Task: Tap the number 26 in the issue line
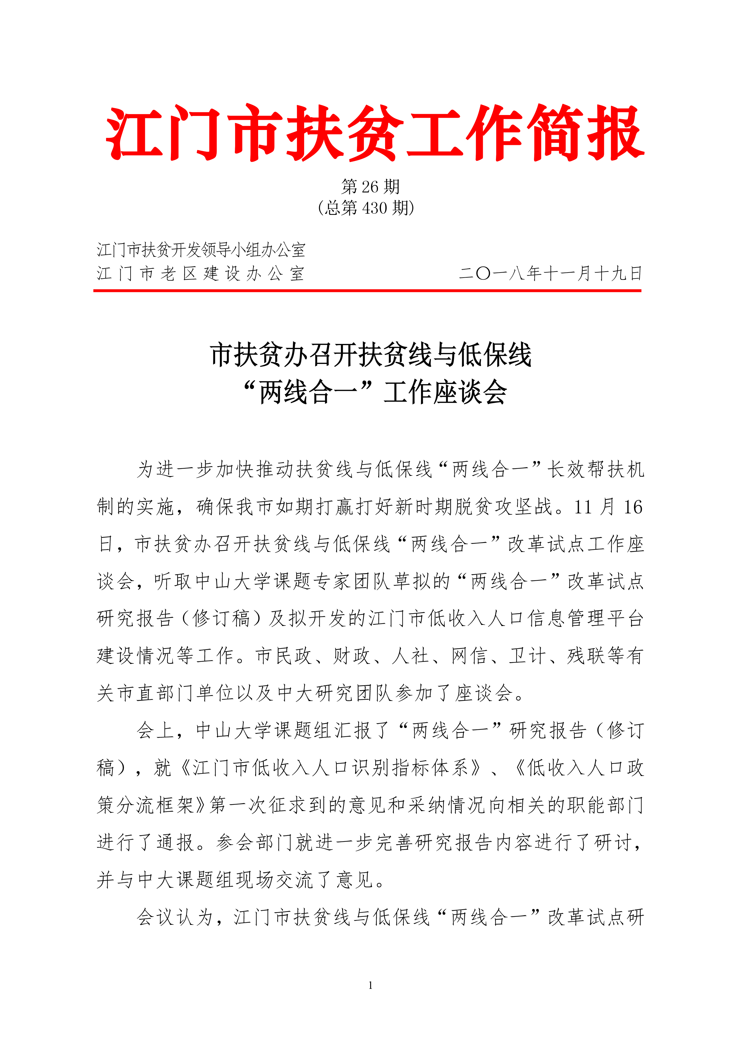pyautogui.click(x=370, y=187)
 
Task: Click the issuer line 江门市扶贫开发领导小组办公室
pyautogui.click(x=201, y=250)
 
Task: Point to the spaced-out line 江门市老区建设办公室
pyautogui.click(x=201, y=274)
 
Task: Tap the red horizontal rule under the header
pyautogui.click(x=367, y=290)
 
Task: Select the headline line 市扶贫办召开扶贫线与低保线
pyautogui.click(x=370, y=355)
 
